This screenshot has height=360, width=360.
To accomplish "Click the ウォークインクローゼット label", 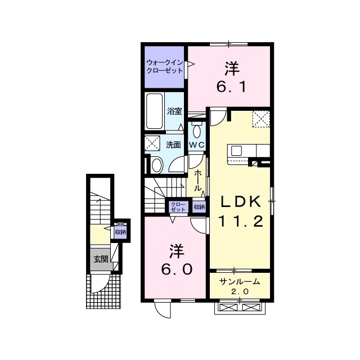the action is [x=165, y=66].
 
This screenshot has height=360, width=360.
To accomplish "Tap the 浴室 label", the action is [x=174, y=111].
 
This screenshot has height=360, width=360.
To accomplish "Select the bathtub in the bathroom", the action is [x=155, y=111].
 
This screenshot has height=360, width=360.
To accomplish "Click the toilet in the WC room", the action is [x=197, y=130].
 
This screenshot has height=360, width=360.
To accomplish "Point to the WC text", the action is [x=196, y=145].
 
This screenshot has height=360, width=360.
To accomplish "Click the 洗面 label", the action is [x=174, y=145].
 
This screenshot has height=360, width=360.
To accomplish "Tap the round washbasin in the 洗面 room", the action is [x=157, y=165].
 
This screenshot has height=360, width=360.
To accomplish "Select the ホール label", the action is [x=197, y=181].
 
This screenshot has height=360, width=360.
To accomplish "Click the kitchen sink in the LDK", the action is [x=236, y=151].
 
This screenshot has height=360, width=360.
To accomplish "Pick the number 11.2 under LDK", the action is [x=240, y=222].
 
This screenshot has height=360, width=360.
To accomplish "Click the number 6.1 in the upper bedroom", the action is [x=232, y=87].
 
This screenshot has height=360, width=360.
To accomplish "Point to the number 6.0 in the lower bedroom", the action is [x=177, y=269].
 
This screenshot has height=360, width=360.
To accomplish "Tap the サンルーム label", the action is [x=240, y=281].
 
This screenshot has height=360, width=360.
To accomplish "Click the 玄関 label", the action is [x=101, y=259].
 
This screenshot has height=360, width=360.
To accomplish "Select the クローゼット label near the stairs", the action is [x=178, y=207].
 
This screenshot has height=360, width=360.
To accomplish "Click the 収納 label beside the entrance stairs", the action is [x=120, y=232].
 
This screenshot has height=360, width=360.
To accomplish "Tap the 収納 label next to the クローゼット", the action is [x=199, y=207].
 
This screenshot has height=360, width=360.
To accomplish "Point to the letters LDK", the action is [x=241, y=201].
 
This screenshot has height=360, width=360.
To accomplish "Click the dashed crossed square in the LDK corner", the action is [x=261, y=119].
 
